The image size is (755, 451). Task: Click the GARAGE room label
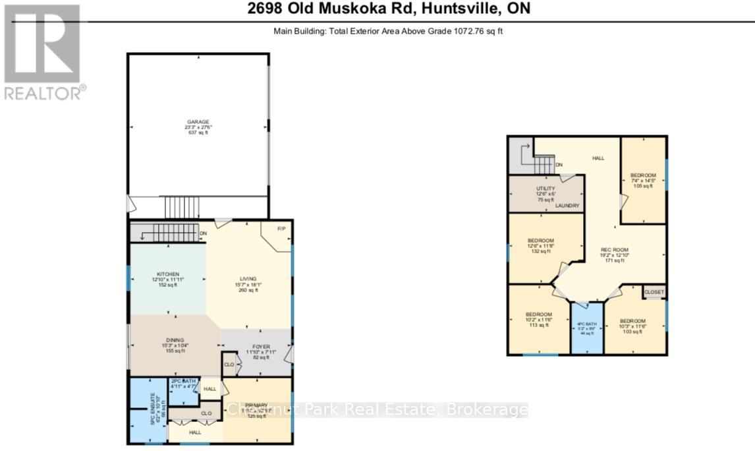pyautogui.click(x=198, y=122)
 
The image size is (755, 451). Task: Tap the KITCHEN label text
pyautogui.click(x=168, y=274)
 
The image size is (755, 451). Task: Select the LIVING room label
pyautogui.click(x=248, y=278)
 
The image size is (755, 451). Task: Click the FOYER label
pyautogui.click(x=258, y=345)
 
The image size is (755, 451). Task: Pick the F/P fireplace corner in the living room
pyautogui.click(x=280, y=229)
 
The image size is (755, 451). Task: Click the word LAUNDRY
pyautogui.click(x=567, y=206)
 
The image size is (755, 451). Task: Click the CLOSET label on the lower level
pyautogui.click(x=654, y=291)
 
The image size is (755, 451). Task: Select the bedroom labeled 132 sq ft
pyautogui.click(x=541, y=241)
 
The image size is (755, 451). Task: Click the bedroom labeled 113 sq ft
pyautogui.click(x=538, y=315)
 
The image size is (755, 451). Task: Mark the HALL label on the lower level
pyautogui.click(x=598, y=158)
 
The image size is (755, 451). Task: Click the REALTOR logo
pyautogui.click(x=43, y=52)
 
